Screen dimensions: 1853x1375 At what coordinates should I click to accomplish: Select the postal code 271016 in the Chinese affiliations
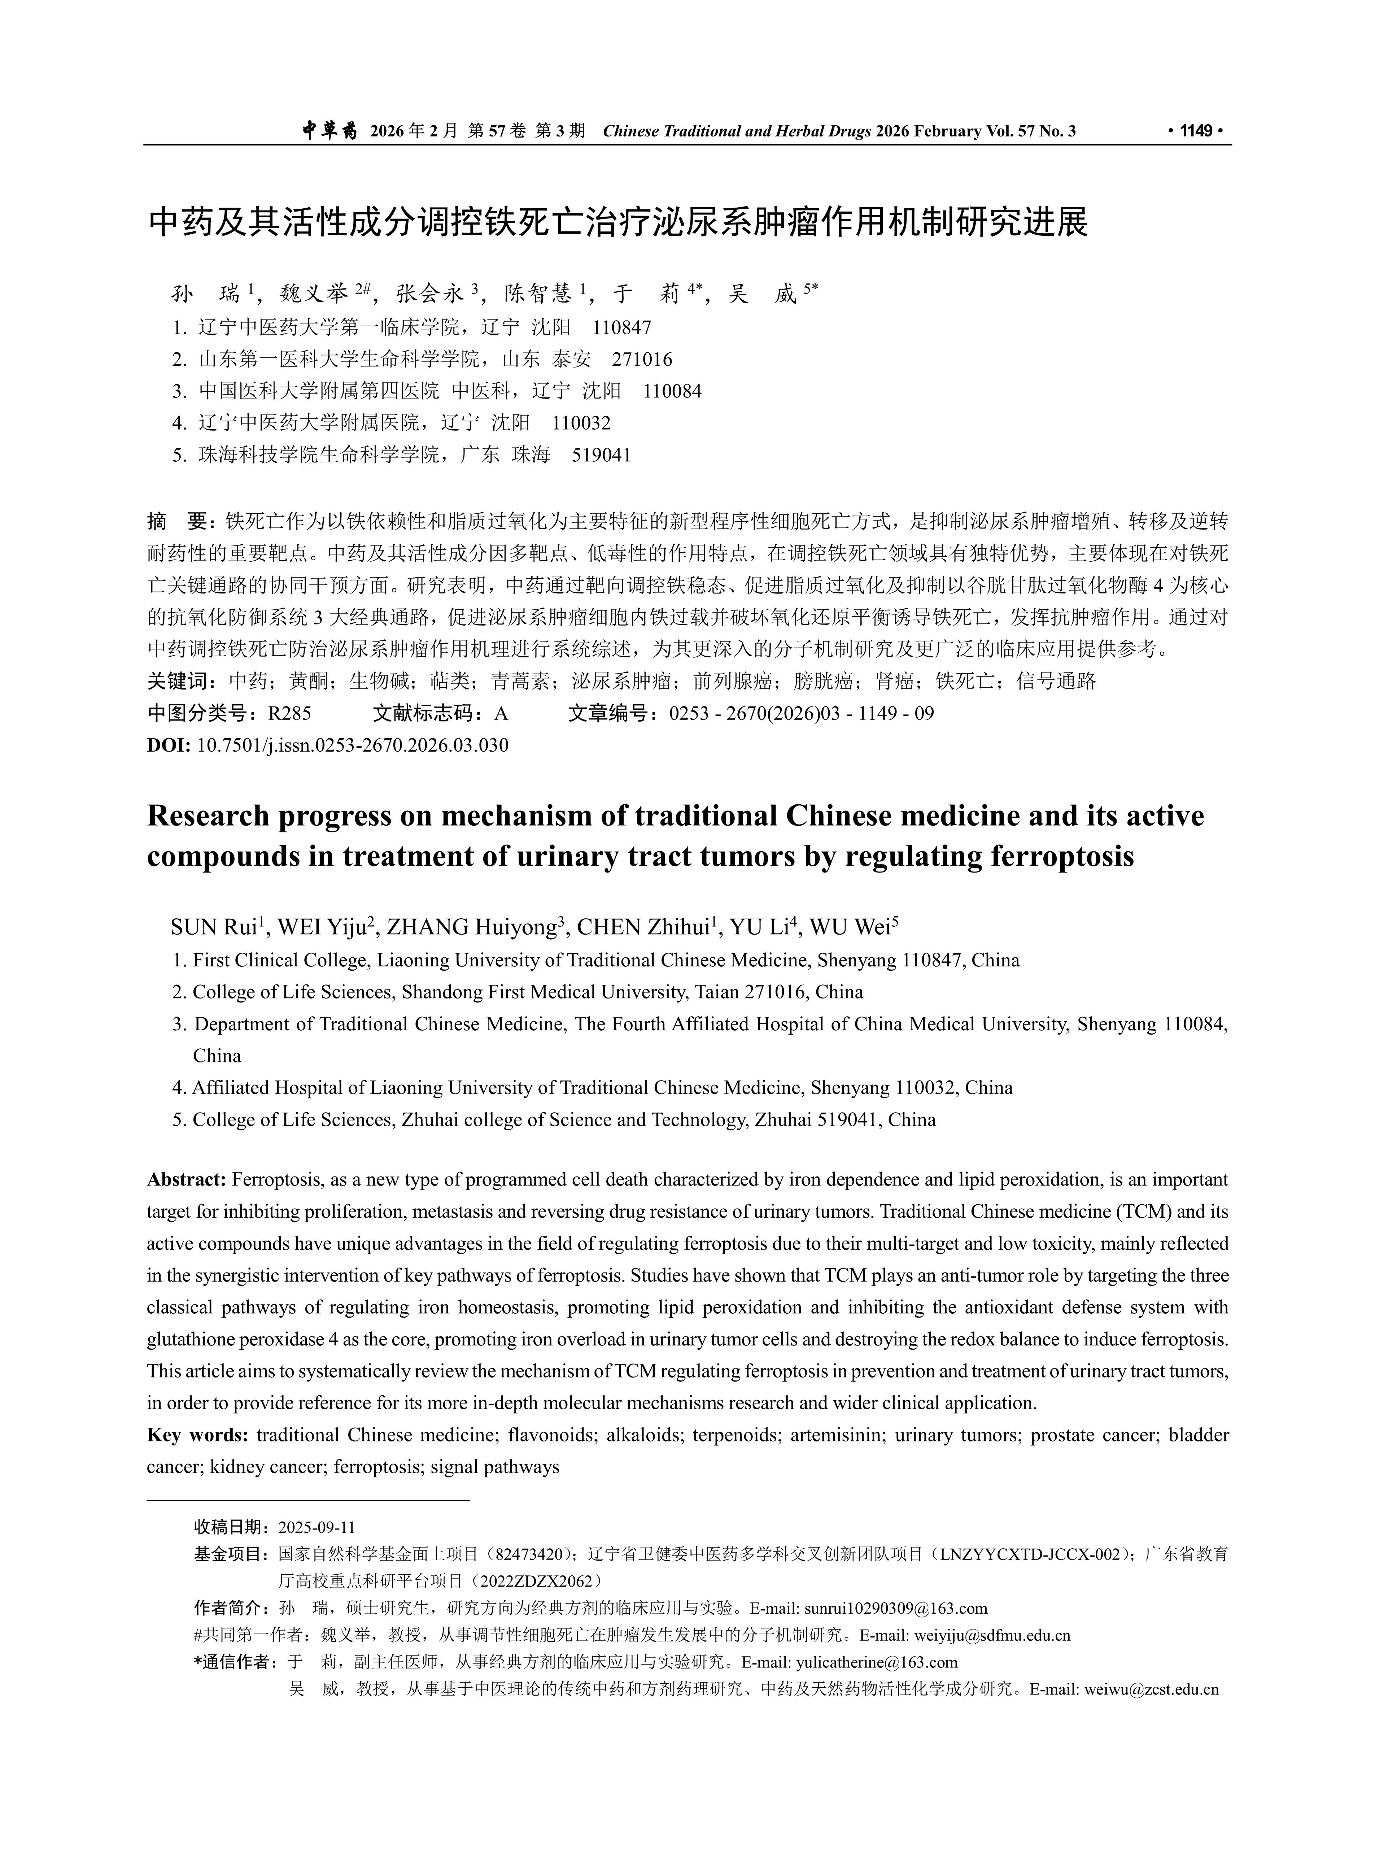pyautogui.click(x=642, y=360)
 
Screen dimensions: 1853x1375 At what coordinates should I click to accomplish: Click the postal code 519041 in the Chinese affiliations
pyautogui.click(x=601, y=455)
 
